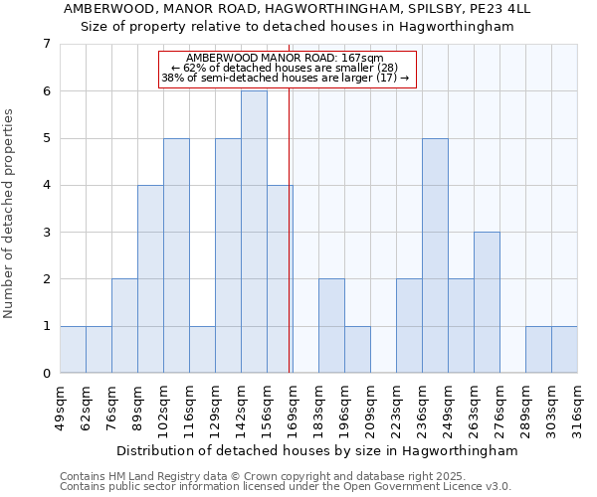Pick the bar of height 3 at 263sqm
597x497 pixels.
pos(487,302)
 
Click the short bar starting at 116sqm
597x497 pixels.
pos(202,349)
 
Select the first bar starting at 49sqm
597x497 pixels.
pos(73,349)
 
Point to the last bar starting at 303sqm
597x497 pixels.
pos(564,349)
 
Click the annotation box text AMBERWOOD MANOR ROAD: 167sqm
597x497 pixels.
pos(285,59)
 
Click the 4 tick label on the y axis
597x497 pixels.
pos(46,185)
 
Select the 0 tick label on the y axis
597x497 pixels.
pos(46,374)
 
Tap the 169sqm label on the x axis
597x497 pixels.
pos(293,407)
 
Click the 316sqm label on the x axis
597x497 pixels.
pos(577,407)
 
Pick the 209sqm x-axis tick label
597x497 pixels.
pos(370,407)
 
